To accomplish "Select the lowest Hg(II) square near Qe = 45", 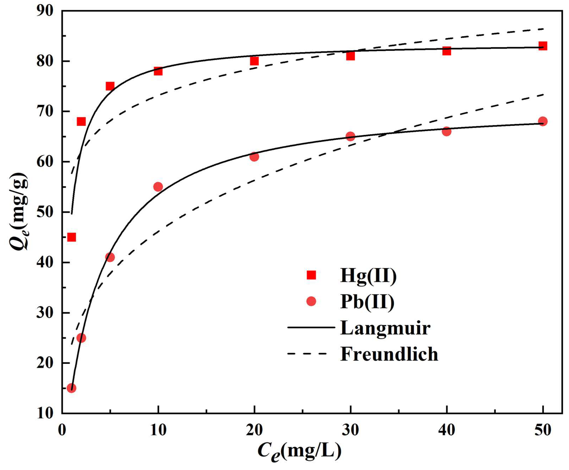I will point(71,237).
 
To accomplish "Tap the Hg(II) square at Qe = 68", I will point(81,122).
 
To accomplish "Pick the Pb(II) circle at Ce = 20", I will point(254,157).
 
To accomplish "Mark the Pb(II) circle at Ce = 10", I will point(158,187).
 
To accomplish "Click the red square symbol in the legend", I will point(311,275).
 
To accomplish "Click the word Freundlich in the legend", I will point(389,354).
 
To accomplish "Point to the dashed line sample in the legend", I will point(307,354).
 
